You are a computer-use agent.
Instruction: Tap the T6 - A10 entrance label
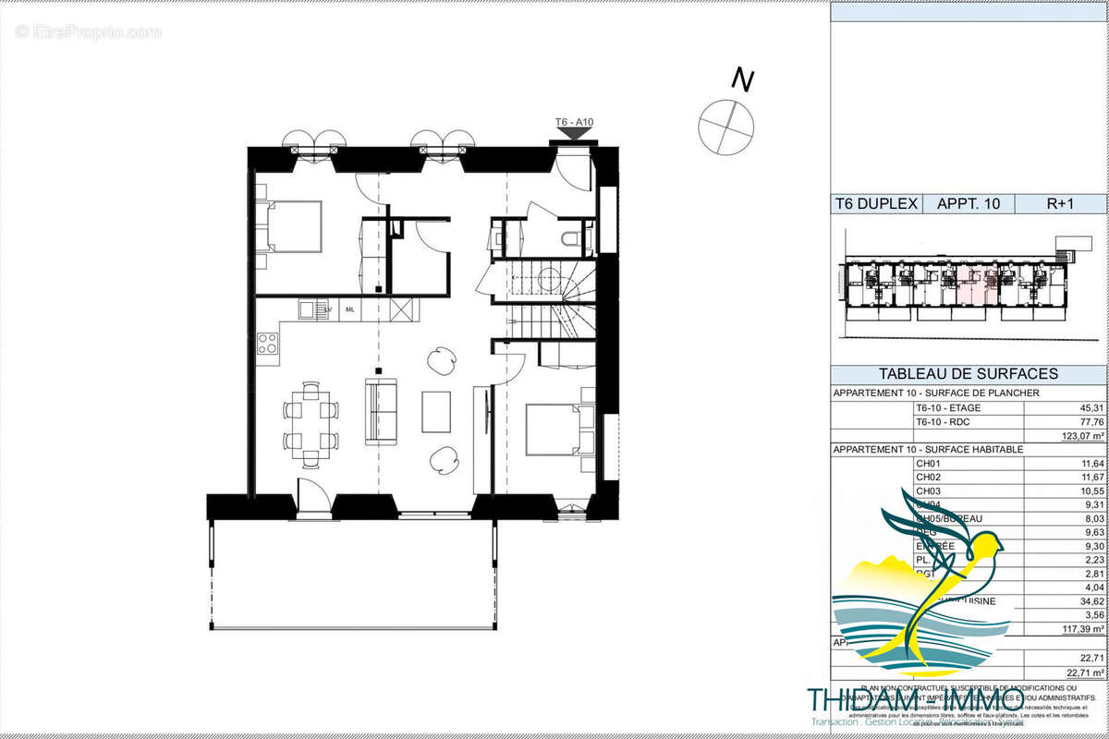click(573, 122)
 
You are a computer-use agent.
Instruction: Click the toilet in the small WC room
click(574, 239)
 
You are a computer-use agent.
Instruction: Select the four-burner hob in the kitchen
click(268, 344)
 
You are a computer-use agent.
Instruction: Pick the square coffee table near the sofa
click(436, 412)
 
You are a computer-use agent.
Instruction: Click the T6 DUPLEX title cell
click(875, 204)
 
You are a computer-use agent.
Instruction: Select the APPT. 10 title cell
click(968, 204)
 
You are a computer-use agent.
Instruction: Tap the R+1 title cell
click(1059, 204)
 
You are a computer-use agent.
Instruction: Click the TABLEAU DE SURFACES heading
click(968, 374)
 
